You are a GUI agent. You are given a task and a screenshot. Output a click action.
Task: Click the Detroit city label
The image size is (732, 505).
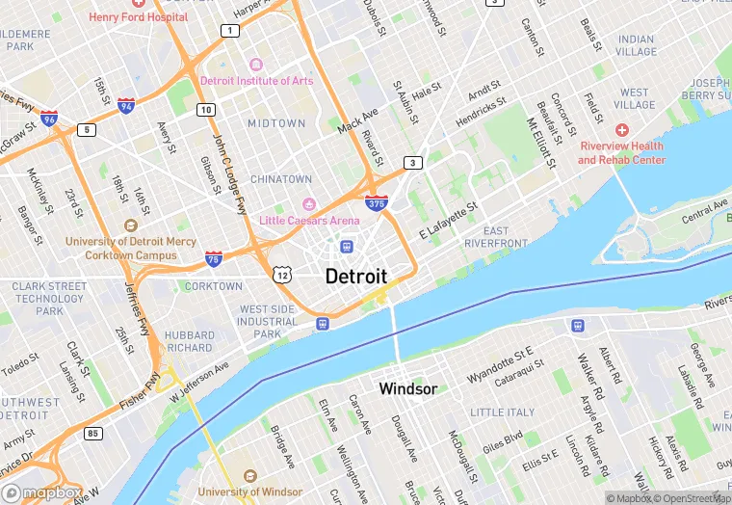(x=356, y=277)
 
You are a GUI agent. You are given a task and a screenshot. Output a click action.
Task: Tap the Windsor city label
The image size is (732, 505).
(x=407, y=389)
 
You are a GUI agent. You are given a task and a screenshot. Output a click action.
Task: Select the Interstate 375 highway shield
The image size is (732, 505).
(x=377, y=203)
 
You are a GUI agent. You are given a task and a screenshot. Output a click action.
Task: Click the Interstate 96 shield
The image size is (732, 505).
(x=49, y=119)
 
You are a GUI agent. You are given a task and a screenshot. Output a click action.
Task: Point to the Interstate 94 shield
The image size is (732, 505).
(x=126, y=105)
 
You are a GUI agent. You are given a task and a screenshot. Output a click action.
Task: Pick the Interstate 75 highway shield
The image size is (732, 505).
(x=214, y=257)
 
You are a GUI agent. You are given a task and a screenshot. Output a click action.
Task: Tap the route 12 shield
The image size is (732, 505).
(x=281, y=276)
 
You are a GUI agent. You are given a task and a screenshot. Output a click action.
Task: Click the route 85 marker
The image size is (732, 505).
(x=92, y=433)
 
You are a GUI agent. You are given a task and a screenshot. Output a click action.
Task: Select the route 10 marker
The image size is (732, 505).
(x=206, y=110)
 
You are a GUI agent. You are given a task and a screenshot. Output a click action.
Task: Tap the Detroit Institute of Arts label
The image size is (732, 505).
(x=256, y=80)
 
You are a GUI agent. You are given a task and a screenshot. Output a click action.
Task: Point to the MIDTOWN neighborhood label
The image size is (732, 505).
(x=276, y=123)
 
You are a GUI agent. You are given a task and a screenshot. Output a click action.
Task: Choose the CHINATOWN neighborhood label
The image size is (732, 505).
(x=281, y=179)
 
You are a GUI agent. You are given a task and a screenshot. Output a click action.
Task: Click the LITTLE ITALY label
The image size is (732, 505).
(x=502, y=412)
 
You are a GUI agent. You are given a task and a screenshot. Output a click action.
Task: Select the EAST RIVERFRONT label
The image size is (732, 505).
(x=496, y=237)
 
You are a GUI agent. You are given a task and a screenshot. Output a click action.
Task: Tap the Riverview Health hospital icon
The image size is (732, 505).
(x=622, y=129)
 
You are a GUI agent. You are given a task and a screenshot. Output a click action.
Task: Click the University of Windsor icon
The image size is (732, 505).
(x=250, y=477)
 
